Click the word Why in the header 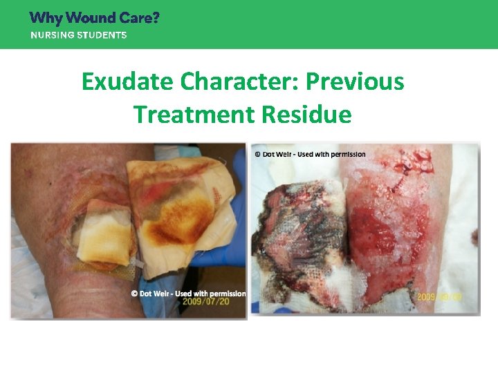click(x=46, y=18)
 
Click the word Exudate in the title click(x=127, y=82)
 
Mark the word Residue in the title click(x=307, y=114)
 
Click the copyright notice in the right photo click(x=310, y=153)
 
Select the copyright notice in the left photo click(x=188, y=294)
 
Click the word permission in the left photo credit click(x=225, y=294)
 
